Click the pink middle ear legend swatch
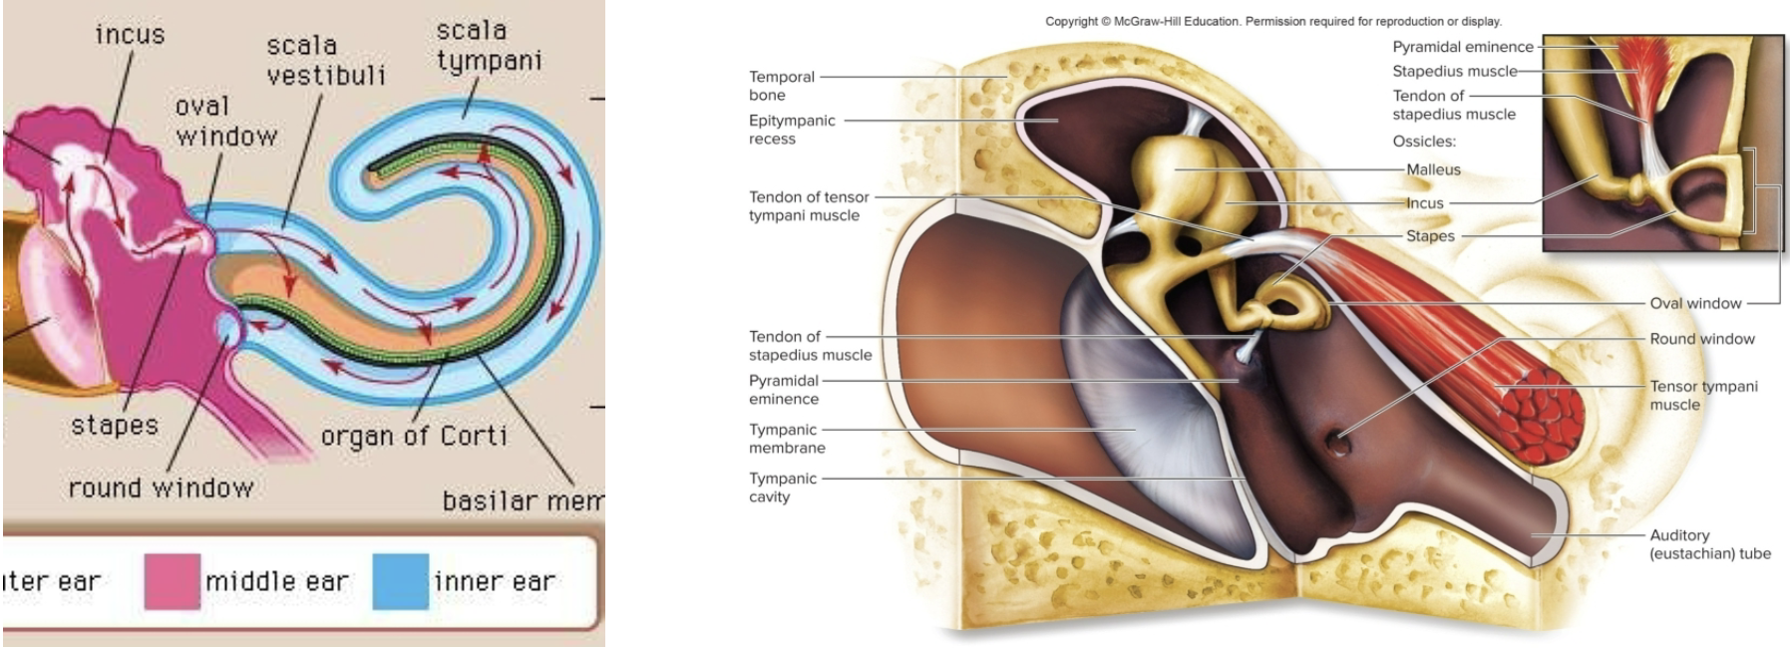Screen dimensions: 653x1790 coord(172,581)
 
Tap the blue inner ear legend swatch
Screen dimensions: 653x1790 coord(400,581)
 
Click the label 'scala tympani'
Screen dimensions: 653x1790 coord(488,46)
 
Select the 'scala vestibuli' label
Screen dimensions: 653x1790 coord(325,60)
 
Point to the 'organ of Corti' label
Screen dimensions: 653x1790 coord(414,436)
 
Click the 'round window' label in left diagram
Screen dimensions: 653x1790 coord(161,488)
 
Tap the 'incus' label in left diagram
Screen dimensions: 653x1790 coord(130,35)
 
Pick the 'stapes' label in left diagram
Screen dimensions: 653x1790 coord(115,426)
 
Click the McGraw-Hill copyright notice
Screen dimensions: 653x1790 coord(1272,21)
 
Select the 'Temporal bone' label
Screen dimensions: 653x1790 coord(782,86)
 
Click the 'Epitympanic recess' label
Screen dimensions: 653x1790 coord(792,130)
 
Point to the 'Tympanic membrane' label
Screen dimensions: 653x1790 coord(787,439)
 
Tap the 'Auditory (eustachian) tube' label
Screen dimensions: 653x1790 coord(1709,544)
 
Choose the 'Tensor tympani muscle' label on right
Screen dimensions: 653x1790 coord(1703,395)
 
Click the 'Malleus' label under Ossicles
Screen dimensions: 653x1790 coord(1433,169)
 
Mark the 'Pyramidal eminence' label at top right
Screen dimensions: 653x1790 coord(1462,47)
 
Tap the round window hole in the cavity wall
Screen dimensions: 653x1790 coord(1337,439)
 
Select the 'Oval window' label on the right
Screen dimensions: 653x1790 coord(1695,303)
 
